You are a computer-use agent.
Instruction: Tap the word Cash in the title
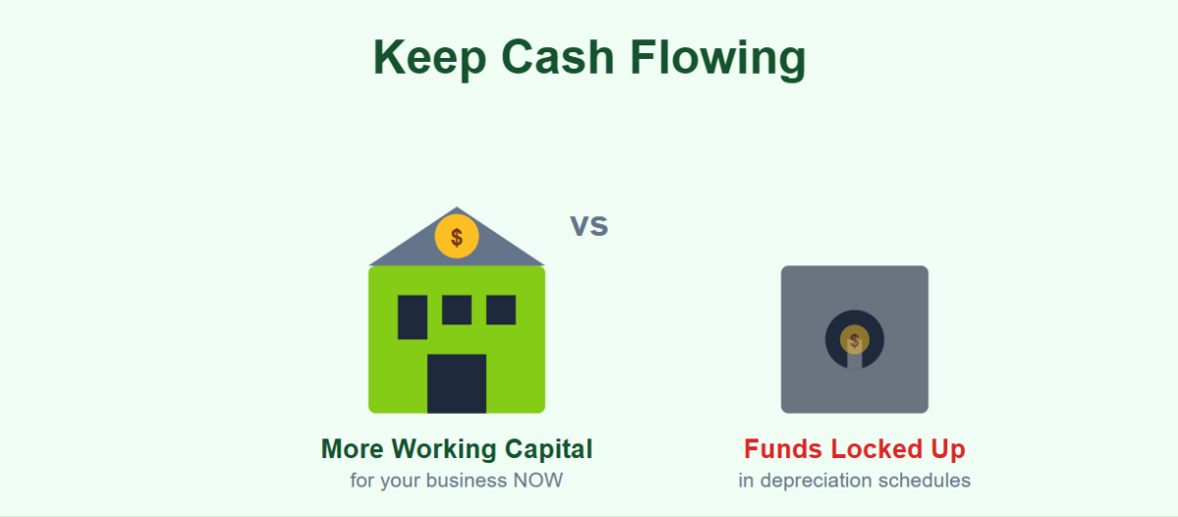click(x=557, y=58)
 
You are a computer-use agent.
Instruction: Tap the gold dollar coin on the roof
click(x=456, y=237)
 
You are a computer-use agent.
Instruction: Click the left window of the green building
click(x=412, y=316)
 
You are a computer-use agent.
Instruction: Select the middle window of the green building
click(x=456, y=310)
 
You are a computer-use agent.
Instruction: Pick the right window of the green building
click(x=501, y=310)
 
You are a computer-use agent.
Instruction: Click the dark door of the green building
click(x=456, y=383)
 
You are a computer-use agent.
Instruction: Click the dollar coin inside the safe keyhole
click(x=854, y=341)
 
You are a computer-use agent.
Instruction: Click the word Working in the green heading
click(x=444, y=449)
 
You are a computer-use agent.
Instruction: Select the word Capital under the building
click(x=549, y=449)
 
